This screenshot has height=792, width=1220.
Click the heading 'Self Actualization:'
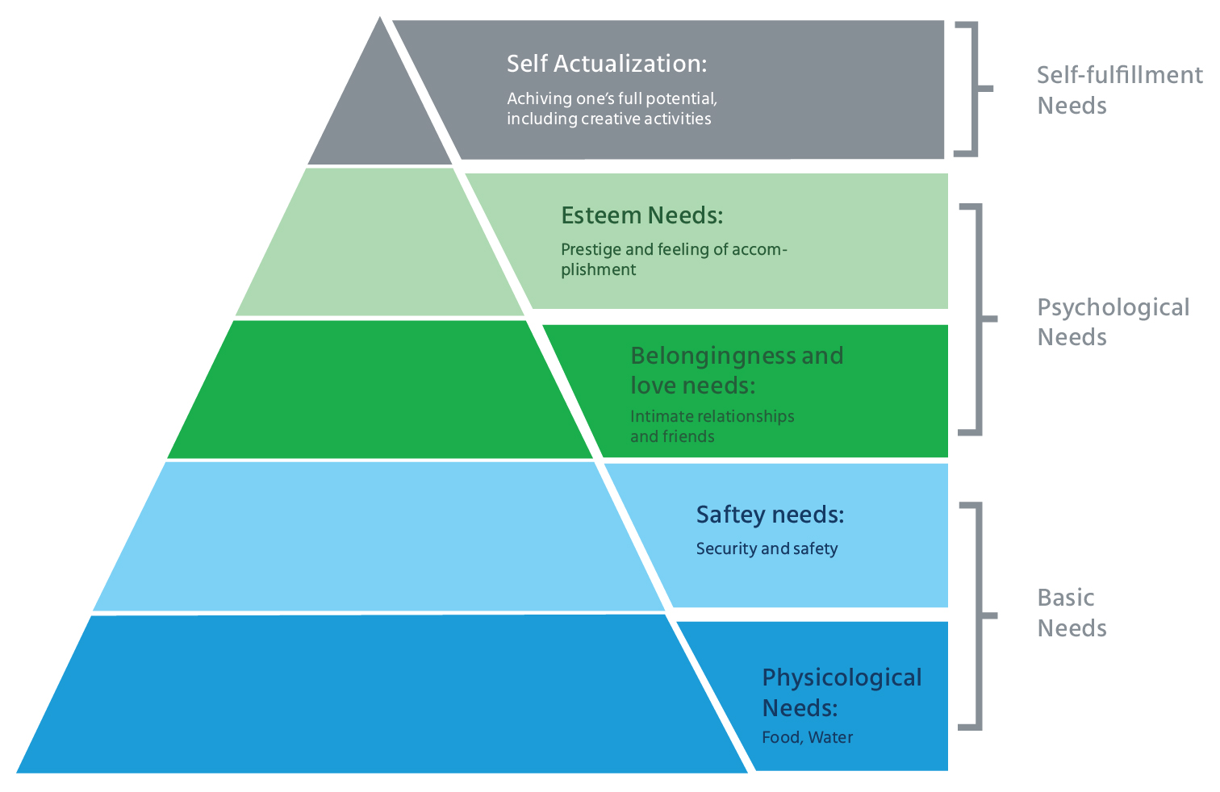[606, 64]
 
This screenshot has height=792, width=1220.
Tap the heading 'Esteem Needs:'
[641, 215]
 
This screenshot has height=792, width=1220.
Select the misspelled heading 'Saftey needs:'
[770, 515]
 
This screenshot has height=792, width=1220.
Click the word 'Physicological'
[842, 677]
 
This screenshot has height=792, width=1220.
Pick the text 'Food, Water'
[807, 737]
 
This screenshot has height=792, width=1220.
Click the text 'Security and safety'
[767, 548]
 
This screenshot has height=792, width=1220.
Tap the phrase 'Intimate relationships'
[712, 416]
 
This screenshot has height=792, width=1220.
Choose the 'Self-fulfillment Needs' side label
[1118, 90]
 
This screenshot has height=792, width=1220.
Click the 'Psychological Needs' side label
[1112, 322]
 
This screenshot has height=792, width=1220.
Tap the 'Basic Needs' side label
[1071, 613]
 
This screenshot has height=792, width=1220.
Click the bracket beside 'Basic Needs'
[978, 616]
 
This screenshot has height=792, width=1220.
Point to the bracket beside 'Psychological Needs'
[979, 319]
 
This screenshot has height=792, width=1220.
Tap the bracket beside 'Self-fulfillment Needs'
[974, 89]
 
